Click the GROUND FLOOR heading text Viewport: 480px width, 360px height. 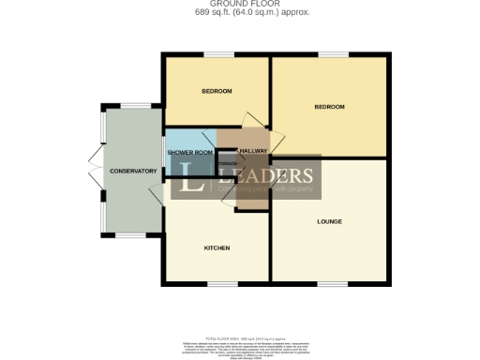click(x=239, y=4)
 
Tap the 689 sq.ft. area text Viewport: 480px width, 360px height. click(x=239, y=12)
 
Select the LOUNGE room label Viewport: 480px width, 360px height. click(x=329, y=222)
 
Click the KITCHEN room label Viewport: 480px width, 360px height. click(x=217, y=248)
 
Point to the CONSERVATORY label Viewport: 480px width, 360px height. click(x=132, y=172)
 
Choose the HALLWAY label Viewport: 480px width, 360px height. click(x=254, y=151)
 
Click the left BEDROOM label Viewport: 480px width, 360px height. click(x=217, y=91)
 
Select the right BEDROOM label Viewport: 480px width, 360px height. click(x=329, y=107)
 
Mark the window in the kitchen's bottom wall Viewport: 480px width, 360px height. click(x=221, y=283)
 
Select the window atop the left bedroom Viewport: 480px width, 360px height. click(x=220, y=54)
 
